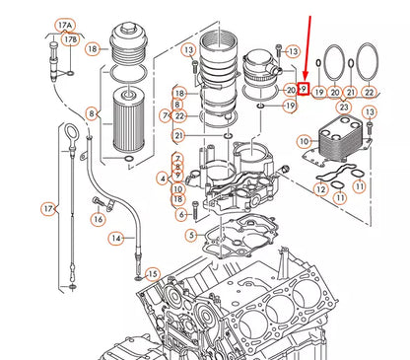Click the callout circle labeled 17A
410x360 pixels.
tap(64, 21)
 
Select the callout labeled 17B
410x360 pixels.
tap(70, 38)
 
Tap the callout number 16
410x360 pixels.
tap(97, 219)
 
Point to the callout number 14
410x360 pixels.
tap(116, 238)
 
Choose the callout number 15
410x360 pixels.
tap(152, 273)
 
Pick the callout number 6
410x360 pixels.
tap(181, 214)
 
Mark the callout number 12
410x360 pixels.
tap(321, 187)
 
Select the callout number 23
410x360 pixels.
tap(344, 106)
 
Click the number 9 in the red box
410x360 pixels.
tap(305, 90)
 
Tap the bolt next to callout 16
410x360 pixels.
tap(97, 204)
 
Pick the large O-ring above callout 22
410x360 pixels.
tap(367, 61)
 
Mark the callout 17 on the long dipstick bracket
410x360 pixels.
tap(46, 208)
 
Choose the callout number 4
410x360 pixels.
tap(163, 178)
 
